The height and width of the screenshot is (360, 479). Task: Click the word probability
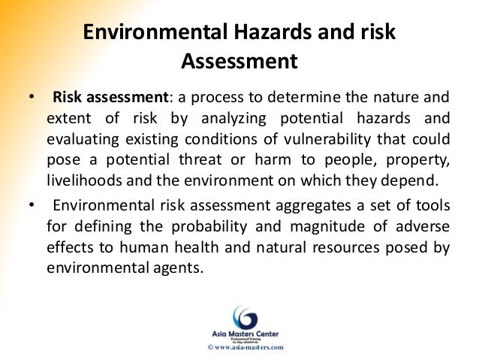232,228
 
